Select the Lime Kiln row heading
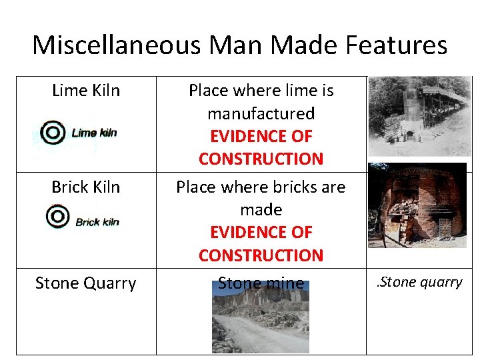86,90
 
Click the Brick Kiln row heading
86,187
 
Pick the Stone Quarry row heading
86,283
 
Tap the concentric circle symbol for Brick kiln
58,217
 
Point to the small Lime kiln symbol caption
94,133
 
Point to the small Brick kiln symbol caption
97,221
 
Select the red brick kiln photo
417,205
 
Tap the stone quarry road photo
261,323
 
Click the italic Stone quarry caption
420,282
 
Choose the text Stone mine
261,283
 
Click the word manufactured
261,113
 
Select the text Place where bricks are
261,187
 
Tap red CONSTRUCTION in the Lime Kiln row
261,159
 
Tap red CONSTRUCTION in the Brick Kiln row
261,255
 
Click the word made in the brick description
261,210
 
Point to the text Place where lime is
261,90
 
